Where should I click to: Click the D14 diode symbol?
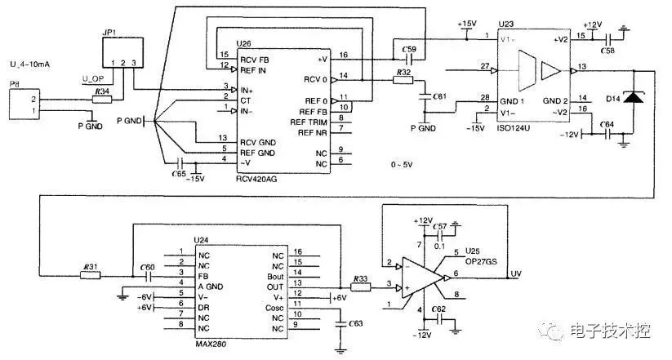(630, 100)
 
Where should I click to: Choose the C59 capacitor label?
(410, 50)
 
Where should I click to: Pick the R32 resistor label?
(402, 73)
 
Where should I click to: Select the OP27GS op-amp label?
(479, 261)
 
